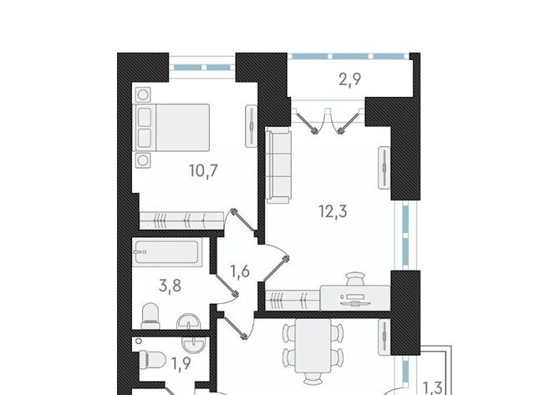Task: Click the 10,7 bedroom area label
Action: click(x=203, y=170)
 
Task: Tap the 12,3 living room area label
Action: click(x=333, y=211)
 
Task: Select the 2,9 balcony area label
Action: click(x=349, y=80)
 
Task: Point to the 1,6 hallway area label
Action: click(x=240, y=271)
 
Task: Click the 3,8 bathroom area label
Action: click(x=170, y=286)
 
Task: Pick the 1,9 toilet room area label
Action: click(x=181, y=363)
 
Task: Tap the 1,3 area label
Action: click(x=433, y=387)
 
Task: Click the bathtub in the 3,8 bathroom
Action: click(x=167, y=252)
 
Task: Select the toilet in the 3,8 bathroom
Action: click(x=150, y=316)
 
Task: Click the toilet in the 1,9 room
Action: click(x=152, y=360)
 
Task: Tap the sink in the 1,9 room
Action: click(x=195, y=344)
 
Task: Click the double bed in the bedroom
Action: click(x=173, y=128)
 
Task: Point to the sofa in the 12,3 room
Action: click(x=278, y=165)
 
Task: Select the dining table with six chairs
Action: click(x=313, y=346)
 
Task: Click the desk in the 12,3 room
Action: click(x=354, y=298)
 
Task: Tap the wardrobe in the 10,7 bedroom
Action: click(x=182, y=220)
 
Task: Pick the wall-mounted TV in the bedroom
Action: click(x=252, y=126)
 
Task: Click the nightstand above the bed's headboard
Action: click(x=143, y=94)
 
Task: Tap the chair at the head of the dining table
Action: click(x=313, y=378)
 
